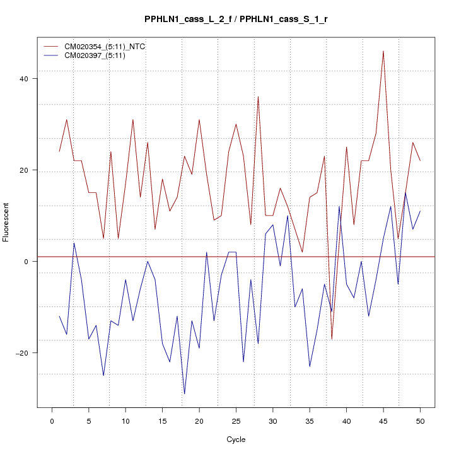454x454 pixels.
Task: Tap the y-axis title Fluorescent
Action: [x=6, y=222]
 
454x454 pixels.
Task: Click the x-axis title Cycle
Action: [x=236, y=439]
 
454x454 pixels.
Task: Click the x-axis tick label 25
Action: [x=236, y=421]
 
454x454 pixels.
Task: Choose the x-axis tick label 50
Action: [x=420, y=421]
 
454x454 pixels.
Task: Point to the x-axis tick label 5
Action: [x=88, y=421]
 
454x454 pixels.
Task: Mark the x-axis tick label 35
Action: [x=310, y=421]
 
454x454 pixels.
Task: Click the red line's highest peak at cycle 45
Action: [x=383, y=51]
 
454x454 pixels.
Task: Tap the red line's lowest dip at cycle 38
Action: [x=332, y=339]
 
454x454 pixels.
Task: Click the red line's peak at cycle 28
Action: [x=258, y=97]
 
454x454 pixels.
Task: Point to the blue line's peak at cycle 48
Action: [x=405, y=193]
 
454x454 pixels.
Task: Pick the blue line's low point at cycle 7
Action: [x=103, y=376]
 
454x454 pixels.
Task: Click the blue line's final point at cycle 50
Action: [x=420, y=211]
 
